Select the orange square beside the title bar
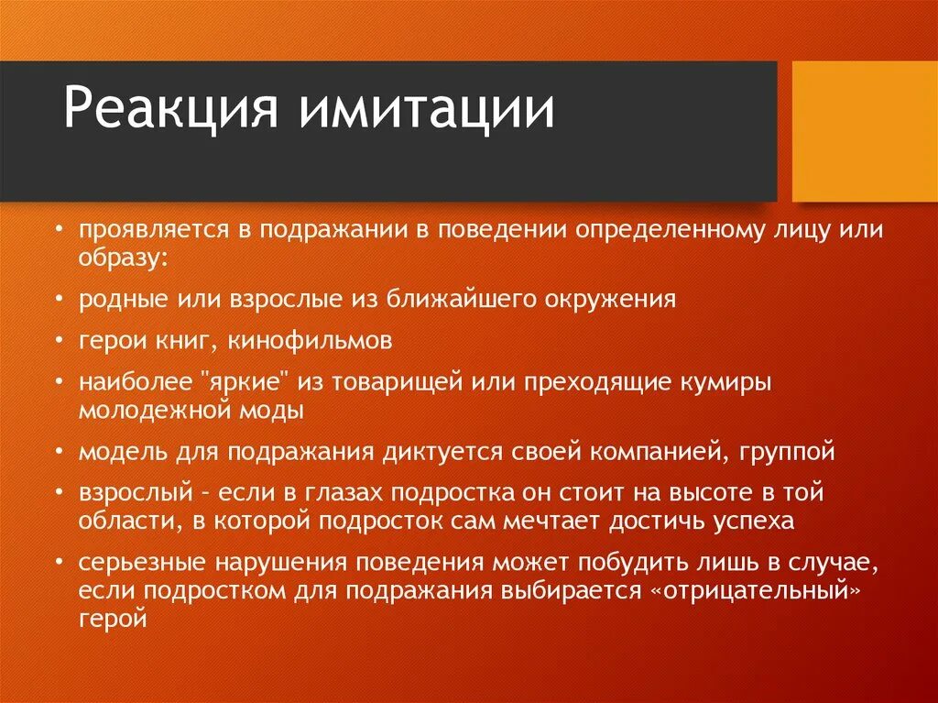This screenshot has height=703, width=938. [x=864, y=131]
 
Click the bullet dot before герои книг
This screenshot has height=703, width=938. [x=59, y=342]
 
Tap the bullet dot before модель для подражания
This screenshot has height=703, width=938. [x=59, y=452]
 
